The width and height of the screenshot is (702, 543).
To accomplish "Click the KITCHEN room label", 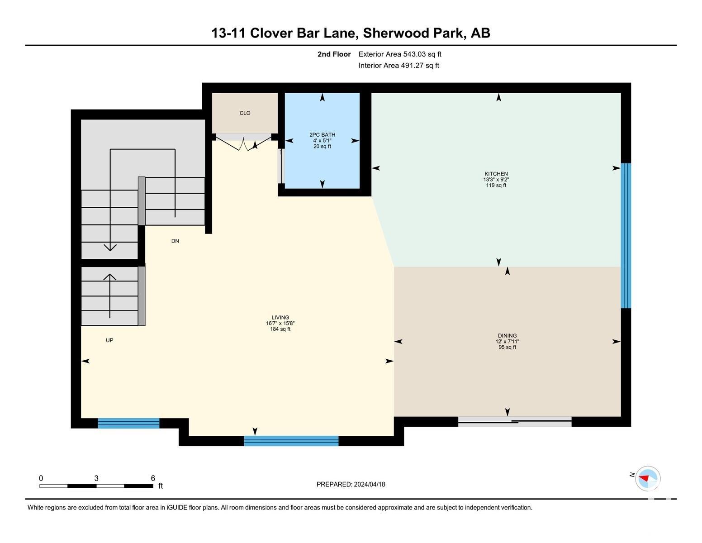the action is point(496,174).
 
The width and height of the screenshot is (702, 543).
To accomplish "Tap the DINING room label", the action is point(507,336).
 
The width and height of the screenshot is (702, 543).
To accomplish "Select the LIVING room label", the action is point(280,318).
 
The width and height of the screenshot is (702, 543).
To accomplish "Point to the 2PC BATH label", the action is point(322,135).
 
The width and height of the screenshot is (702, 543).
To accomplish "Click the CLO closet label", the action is point(245,113).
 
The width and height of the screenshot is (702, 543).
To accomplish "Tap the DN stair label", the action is point(175,241).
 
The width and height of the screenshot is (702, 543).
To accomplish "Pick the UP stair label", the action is point(109,340).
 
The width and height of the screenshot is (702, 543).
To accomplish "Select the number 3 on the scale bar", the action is point(96,478).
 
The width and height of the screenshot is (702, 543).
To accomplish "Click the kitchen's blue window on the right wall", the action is point(626,236).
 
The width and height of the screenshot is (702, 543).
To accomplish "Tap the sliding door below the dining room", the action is point(515,422).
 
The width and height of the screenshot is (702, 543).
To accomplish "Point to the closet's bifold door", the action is point(243,143).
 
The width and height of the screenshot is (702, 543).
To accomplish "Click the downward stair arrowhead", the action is point(110,248).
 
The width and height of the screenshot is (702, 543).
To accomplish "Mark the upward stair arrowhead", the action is point(110,277).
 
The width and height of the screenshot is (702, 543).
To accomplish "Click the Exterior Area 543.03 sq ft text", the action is point(399,54).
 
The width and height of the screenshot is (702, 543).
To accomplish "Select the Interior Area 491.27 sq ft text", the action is point(398,66).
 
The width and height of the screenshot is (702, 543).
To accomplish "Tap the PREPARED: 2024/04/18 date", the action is point(351,484).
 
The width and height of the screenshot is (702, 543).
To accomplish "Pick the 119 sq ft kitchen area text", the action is point(496,186).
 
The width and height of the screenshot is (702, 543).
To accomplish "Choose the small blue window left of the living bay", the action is point(128,423).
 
